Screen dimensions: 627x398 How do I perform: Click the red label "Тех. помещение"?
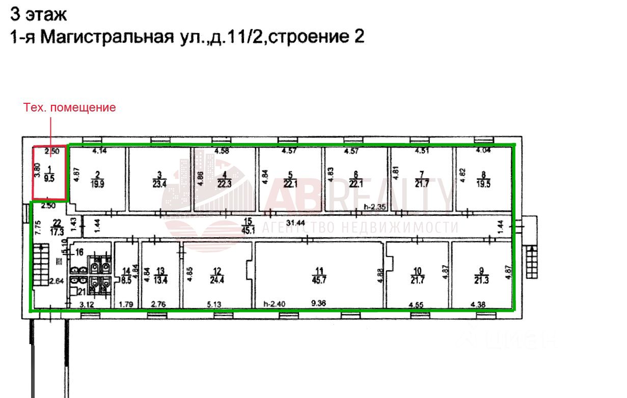point(70,108)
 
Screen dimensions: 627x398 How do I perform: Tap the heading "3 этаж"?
point(38,14)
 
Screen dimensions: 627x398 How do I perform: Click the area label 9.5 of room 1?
point(49,178)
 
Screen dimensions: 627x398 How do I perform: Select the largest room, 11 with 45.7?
point(319,275)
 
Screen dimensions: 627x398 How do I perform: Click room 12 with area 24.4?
point(217,275)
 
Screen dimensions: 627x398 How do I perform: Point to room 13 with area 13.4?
point(161,275)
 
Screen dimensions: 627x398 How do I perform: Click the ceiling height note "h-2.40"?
point(274,304)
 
